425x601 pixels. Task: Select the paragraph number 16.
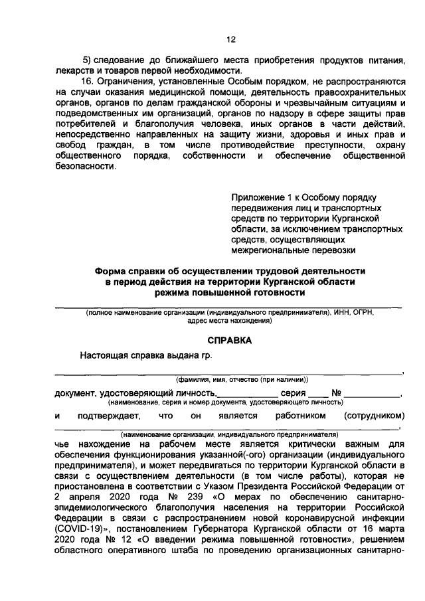tap(86, 81)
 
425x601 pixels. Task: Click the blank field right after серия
tap(319, 394)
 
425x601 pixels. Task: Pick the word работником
tap(301, 416)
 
